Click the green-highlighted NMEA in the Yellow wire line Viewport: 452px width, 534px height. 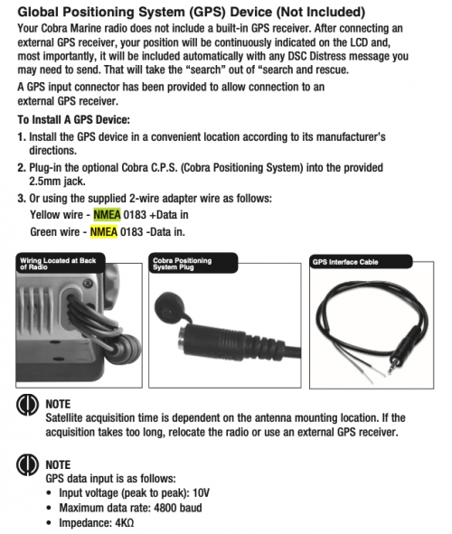(107, 215)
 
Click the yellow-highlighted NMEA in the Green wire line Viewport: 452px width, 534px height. (104, 232)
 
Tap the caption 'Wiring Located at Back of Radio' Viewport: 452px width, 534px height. (58, 264)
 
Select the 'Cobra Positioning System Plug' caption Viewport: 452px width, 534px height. (183, 264)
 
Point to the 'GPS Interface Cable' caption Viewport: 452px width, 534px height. (345, 262)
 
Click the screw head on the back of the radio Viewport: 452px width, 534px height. (89, 283)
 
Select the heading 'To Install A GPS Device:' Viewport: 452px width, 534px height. (74, 120)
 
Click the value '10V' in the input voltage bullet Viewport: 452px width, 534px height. (201, 492)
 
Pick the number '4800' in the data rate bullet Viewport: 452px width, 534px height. (165, 508)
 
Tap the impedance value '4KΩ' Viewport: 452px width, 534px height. (125, 523)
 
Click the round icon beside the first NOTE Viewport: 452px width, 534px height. (27, 405)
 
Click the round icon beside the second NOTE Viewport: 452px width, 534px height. (27, 465)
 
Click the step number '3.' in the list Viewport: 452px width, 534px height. (22, 198)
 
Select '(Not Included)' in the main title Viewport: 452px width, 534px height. (321, 13)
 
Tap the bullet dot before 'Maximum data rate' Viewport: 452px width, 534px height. (50, 508)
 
